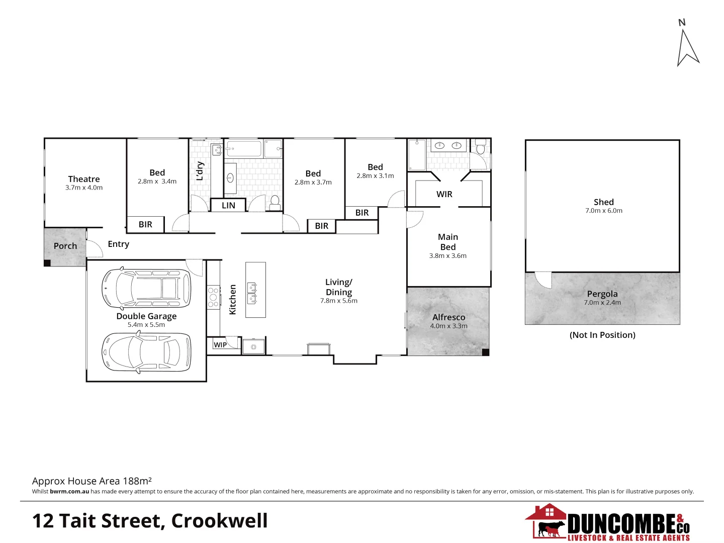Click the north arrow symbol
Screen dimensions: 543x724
[687, 48]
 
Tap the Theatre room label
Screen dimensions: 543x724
[84, 179]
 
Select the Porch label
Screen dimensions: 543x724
[65, 246]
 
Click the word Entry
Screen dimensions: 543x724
[119, 244]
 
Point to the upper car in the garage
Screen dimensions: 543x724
[146, 289]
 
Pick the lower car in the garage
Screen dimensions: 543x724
[146, 352]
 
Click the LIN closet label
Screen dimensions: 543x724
[228, 205]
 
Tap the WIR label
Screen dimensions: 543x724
[444, 194]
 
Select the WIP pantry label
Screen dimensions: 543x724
[220, 345]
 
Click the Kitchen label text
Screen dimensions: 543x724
[232, 300]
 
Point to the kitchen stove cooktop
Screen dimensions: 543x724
[213, 297]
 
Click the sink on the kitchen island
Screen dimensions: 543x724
[252, 294]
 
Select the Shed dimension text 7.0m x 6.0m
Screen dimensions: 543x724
[603, 211]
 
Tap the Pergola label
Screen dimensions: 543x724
[602, 294]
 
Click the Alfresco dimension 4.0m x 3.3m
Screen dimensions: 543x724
[448, 326]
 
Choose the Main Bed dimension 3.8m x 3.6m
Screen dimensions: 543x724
[447, 255]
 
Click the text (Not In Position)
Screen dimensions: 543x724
[602, 335]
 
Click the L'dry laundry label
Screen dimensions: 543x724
[200, 171]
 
